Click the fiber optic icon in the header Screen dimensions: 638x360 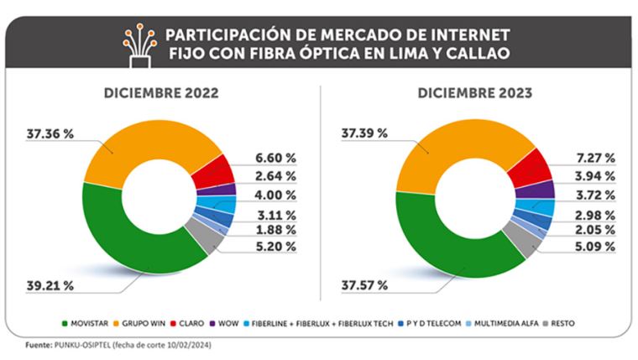tap(139, 45)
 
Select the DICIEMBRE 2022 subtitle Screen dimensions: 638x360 tap(161, 93)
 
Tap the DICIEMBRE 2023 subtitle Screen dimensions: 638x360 tap(475, 93)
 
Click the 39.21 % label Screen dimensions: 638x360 tap(50, 285)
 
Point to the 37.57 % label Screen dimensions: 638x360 tap(364, 285)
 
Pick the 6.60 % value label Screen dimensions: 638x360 tap(275, 158)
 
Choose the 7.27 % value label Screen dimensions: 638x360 tap(596, 158)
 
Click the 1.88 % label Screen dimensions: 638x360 tap(275, 230)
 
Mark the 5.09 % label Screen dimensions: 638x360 tap(595, 247)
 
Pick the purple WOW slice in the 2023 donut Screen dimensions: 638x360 tap(535, 190)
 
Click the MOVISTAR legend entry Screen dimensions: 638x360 tap(85, 324)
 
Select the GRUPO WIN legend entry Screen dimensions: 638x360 tap(139, 324)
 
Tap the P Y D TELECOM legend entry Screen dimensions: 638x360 tap(429, 324)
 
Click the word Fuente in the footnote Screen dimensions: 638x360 tap(39, 346)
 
